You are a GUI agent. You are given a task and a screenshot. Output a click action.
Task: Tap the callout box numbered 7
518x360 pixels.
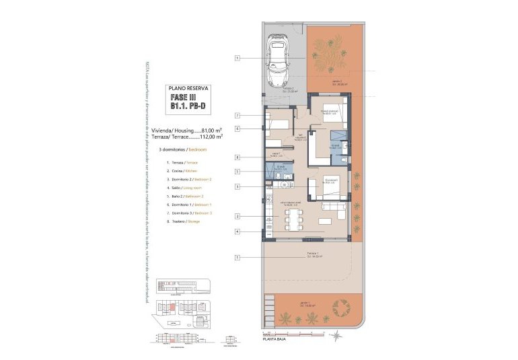237,116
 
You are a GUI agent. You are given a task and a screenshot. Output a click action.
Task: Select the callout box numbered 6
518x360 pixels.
237,128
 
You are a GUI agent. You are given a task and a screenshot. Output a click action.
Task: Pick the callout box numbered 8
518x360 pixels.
237,157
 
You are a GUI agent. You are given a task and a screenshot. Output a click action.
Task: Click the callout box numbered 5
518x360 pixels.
237,171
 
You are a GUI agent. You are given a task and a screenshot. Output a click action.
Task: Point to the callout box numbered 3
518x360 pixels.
237,186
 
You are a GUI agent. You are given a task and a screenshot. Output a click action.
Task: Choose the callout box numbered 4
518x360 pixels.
237,232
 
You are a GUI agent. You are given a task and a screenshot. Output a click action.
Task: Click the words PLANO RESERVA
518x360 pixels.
188,88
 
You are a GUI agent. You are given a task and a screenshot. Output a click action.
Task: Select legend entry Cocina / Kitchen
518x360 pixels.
178,172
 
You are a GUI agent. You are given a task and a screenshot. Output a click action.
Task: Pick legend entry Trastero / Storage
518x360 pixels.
179,221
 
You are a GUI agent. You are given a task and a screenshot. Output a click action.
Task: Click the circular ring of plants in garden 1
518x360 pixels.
341,308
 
